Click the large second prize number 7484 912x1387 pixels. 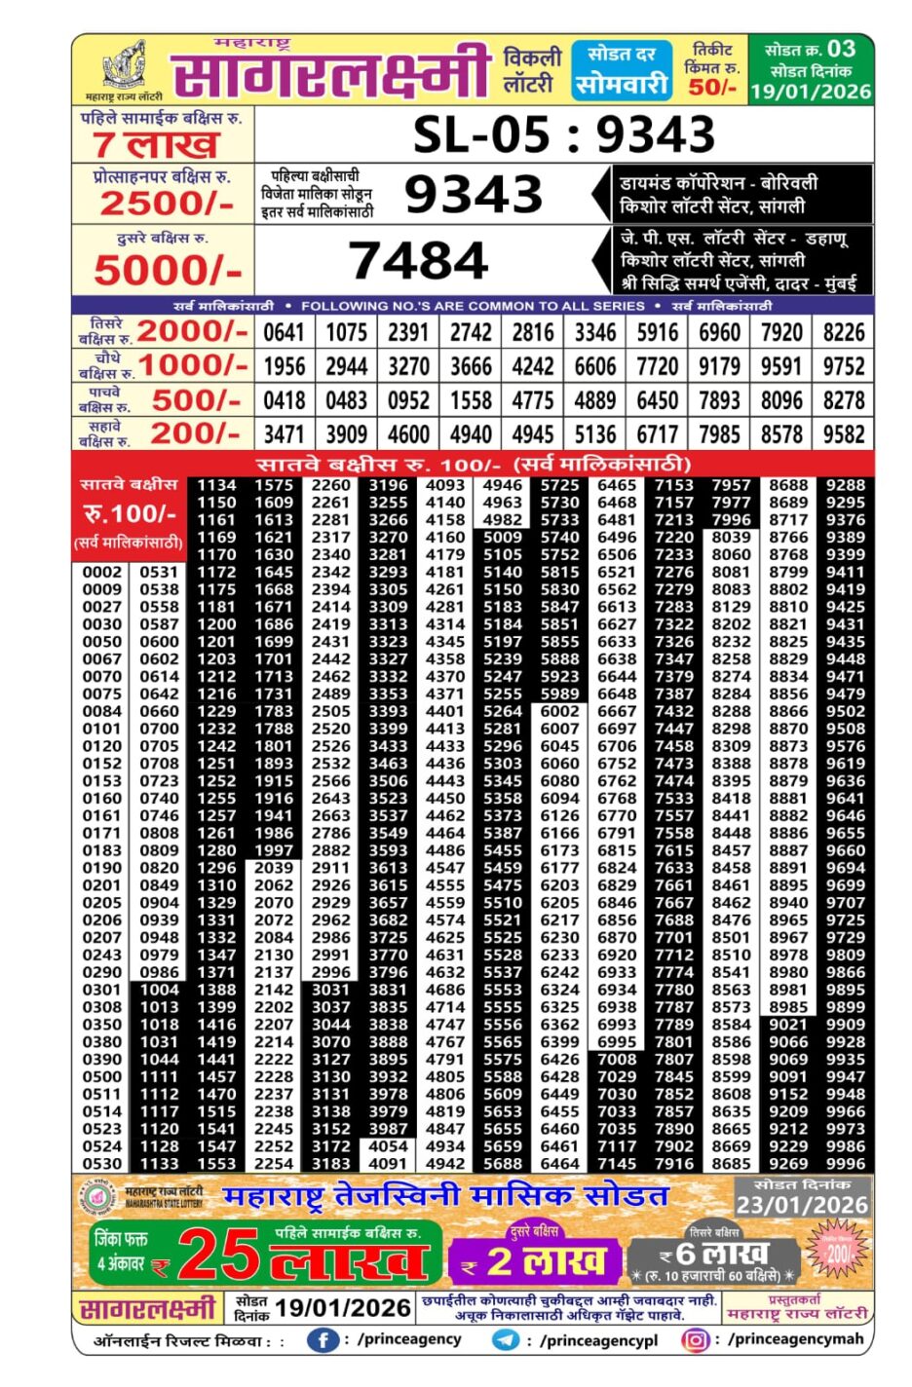pos(418,260)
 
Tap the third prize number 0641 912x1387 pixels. pos(284,332)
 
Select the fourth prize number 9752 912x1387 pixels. pos(844,366)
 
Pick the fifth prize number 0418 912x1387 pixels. pos(284,400)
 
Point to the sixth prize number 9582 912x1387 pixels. pos(844,434)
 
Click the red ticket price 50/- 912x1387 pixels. pos(712,88)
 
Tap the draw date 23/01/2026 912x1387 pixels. pos(802,1205)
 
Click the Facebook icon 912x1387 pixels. pos(323,1340)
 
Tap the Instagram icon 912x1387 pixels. pos(696,1340)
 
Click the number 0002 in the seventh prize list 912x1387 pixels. pos(102,573)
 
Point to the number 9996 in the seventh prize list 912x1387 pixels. pos(845,1163)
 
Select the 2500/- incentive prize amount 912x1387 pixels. pos(167,204)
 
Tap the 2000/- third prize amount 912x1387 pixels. pos(193,331)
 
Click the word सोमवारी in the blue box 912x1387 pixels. pos(621,84)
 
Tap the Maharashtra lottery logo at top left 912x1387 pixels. pos(124,68)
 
